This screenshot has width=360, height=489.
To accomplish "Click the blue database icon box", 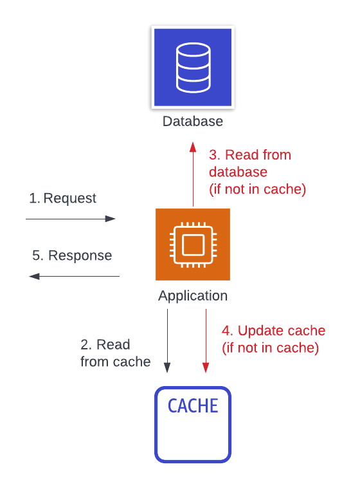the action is pos(193,68).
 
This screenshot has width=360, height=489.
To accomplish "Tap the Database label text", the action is pos(193,122).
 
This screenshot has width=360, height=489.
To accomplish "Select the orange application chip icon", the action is pos(193,244).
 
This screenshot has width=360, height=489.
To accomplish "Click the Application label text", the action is pos(193,296).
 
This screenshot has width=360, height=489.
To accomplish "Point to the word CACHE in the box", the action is pos(193,406).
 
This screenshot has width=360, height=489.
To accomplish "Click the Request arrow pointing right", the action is pos(71,219).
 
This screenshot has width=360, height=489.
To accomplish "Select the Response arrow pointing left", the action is pos(74,276).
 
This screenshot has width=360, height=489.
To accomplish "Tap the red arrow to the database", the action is pos(194,174).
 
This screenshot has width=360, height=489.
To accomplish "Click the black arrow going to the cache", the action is pos(167,341).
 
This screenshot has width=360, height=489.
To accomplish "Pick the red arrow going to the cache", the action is pos(206,341).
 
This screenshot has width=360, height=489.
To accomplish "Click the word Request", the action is pos(70,199).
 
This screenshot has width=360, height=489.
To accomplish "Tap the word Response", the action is pos(80,255).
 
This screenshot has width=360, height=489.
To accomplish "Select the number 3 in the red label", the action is pos(214,155).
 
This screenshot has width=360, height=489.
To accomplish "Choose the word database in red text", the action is pos(238,172).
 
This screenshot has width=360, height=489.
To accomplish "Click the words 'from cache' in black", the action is pos(116,362).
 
